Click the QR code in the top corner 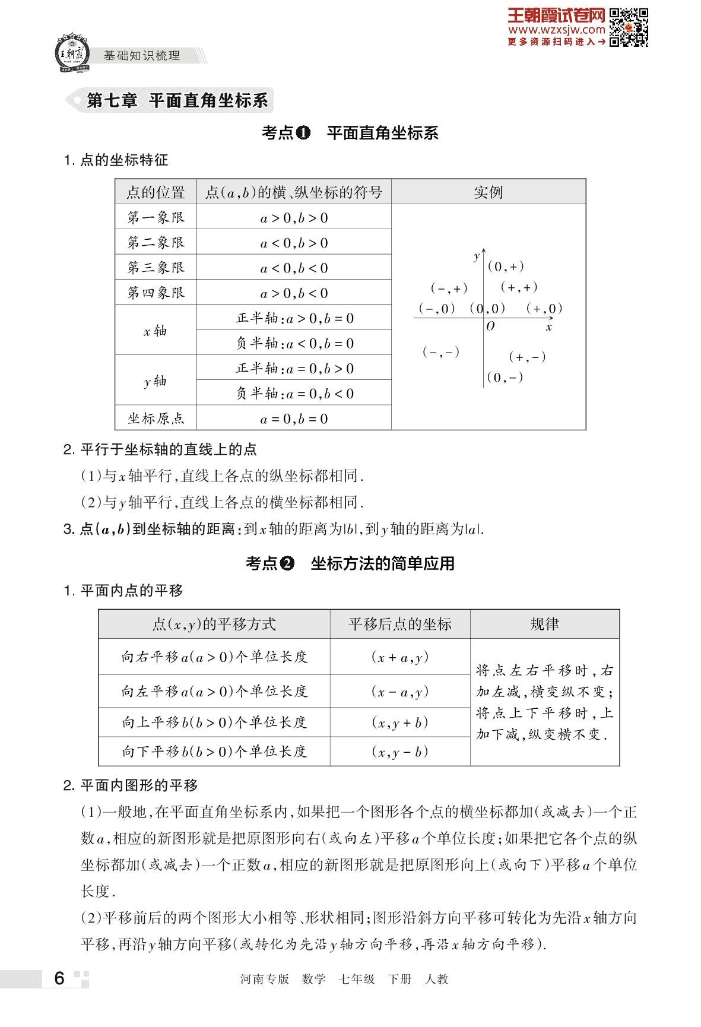coord(629,27)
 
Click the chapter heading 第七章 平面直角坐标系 coord(177,100)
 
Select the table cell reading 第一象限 coord(156,217)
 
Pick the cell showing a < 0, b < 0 coord(294,268)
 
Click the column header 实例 coord(488,192)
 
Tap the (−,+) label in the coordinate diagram coord(449,289)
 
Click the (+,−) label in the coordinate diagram coord(527,357)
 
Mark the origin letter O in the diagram coord(490,327)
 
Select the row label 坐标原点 coord(156,418)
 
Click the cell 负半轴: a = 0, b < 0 coord(294,393)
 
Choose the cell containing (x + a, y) coord(400,657)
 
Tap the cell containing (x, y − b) coord(400,752)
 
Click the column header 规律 coord(544,624)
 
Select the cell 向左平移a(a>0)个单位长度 coord(214,691)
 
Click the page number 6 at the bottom coord(59,978)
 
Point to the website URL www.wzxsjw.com coord(556,29)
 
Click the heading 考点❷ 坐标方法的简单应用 coord(350,563)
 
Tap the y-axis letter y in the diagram coord(476,256)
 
